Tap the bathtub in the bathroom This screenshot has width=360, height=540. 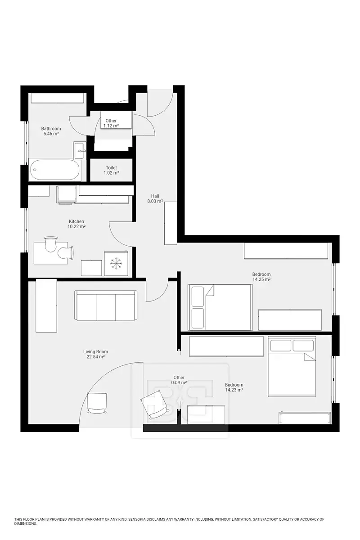point(55,170)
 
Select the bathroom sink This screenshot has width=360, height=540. point(80,150)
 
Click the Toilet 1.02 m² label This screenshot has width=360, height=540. point(111,170)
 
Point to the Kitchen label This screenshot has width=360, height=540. point(76,221)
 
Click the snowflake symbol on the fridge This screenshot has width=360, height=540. point(116,263)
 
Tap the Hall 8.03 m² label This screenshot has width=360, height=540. point(155,198)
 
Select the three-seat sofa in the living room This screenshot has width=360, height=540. point(106,306)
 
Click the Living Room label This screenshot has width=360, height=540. point(95,351)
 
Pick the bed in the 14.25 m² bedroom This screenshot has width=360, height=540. point(221,307)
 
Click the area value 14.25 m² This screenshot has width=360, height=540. point(261,279)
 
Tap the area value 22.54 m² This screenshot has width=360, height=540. point(95,357)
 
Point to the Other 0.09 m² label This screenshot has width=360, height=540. point(179,380)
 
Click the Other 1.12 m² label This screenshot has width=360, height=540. point(111,123)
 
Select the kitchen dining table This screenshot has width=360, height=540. point(51,253)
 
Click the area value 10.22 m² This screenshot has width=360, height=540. point(76,227)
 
